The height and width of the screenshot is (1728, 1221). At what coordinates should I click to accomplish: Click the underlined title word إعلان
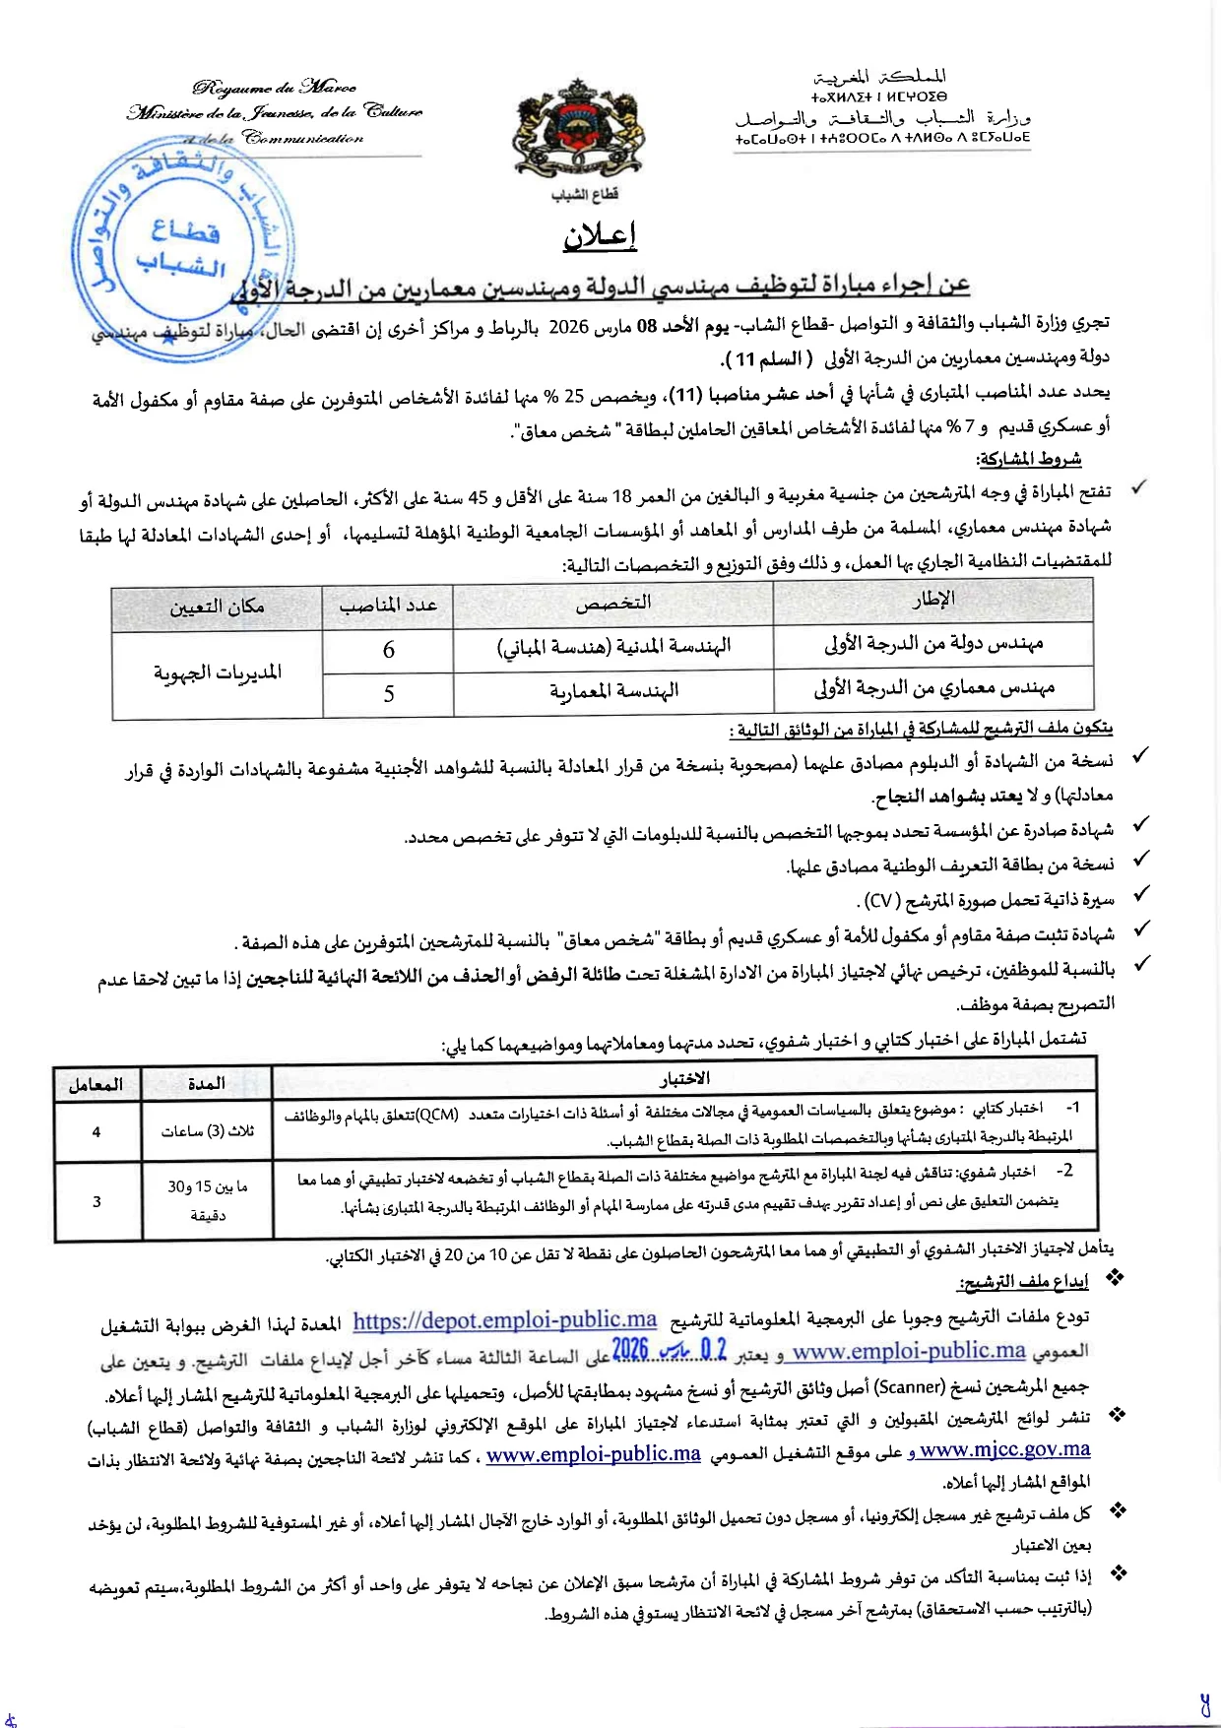(600, 236)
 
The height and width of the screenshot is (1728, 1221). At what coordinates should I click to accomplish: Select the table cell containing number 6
(388, 650)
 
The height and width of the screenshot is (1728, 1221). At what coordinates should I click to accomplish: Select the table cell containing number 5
(388, 694)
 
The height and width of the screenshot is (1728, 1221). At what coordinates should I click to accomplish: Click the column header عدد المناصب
(388, 605)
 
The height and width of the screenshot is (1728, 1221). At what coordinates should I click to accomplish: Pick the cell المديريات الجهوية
(218, 672)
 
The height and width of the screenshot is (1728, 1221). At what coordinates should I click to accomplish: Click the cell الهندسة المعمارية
(613, 692)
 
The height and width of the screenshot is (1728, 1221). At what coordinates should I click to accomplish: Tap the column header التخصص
(613, 603)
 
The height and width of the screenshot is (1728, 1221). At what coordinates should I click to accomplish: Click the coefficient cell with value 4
(96, 1132)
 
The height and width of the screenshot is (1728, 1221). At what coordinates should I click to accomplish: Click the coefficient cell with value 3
(96, 1201)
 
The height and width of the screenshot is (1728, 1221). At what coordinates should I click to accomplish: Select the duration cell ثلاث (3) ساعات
(207, 1132)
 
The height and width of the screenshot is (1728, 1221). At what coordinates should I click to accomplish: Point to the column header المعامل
(96, 1084)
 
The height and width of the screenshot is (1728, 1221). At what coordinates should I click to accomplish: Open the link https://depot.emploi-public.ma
(504, 1320)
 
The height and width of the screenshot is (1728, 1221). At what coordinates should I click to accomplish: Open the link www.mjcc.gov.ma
(1004, 1449)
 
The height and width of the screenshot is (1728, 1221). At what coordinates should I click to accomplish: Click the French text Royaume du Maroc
(275, 89)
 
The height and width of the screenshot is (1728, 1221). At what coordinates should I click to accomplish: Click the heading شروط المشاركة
(1028, 459)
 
